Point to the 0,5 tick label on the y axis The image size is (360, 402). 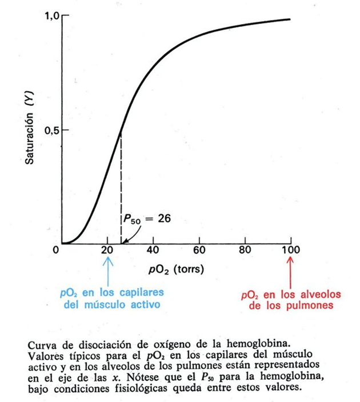[x=51, y=130]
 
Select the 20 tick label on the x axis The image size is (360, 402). [x=107, y=250]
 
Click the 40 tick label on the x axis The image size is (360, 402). [x=153, y=250]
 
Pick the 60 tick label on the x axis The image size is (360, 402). [x=199, y=250]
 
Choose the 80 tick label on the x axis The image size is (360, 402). [x=245, y=250]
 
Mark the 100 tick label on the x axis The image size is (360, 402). [x=290, y=250]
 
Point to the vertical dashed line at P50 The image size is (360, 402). [x=121, y=188]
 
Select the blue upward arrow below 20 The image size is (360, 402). [x=107, y=268]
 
